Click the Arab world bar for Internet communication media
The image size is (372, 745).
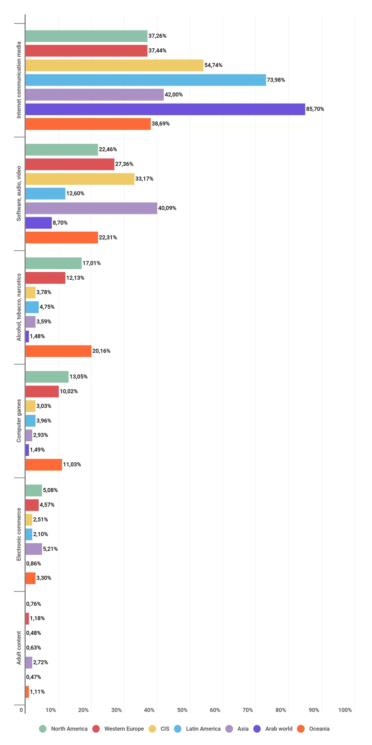(x=165, y=109)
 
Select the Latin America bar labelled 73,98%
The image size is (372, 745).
(x=145, y=80)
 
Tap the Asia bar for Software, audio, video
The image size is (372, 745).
(x=91, y=208)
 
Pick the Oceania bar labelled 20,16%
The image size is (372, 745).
(x=58, y=351)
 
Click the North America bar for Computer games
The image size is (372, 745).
(x=47, y=377)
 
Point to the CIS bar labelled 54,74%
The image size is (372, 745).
(x=114, y=65)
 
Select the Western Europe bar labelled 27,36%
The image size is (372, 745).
(x=70, y=164)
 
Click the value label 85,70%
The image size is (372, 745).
(x=315, y=109)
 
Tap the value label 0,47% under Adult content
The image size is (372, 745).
(x=33, y=677)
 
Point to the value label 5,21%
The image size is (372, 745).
(x=50, y=549)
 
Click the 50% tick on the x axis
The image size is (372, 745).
(x=182, y=710)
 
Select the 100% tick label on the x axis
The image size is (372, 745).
(x=345, y=710)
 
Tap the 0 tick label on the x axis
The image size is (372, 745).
(x=21, y=710)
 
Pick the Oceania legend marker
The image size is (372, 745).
(x=301, y=729)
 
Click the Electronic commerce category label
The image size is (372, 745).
(x=19, y=535)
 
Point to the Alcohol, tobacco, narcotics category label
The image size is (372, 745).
(x=19, y=307)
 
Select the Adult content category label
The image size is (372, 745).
(x=19, y=648)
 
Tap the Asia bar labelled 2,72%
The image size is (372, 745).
(x=29, y=662)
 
